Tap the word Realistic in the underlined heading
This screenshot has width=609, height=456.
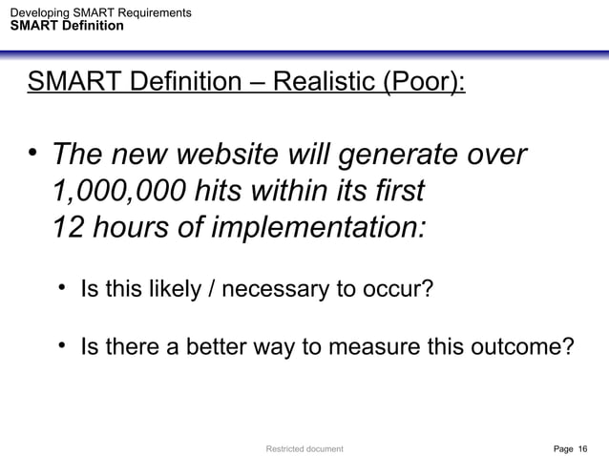coord(323,82)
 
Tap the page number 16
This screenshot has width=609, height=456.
coord(583,446)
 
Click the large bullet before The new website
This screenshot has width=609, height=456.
coord(32,153)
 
